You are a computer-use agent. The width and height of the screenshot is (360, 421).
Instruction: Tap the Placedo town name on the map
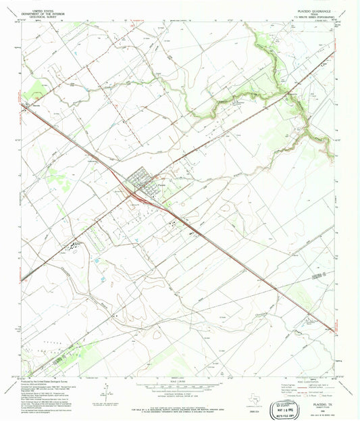click(157, 187)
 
